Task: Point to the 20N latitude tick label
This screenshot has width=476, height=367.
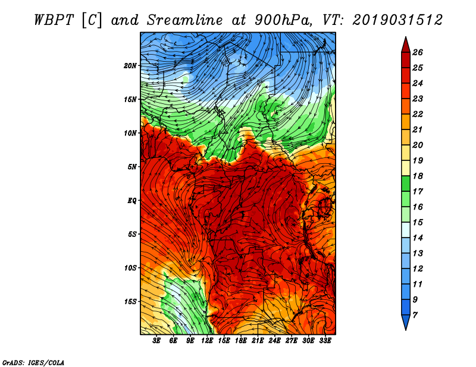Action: (x=130, y=65)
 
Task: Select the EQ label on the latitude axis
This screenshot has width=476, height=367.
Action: (x=132, y=200)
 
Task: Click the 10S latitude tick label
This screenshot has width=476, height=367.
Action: (x=130, y=268)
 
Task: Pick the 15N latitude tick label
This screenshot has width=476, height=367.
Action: (x=130, y=99)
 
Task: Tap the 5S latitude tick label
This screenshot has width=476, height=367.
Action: (x=132, y=234)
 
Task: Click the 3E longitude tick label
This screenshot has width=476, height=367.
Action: (x=157, y=341)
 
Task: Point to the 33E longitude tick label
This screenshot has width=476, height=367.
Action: (x=325, y=341)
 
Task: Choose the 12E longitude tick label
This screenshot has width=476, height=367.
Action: (x=208, y=341)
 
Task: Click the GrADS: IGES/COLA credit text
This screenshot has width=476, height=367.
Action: (x=33, y=362)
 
